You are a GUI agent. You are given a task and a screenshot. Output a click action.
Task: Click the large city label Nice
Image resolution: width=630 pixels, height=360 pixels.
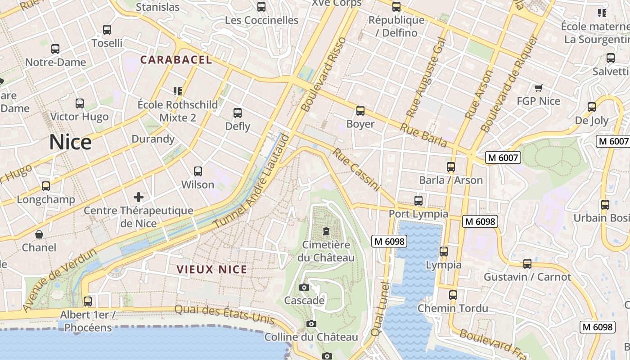[70, 142]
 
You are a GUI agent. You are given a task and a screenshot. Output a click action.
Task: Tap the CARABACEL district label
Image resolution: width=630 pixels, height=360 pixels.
[176, 60]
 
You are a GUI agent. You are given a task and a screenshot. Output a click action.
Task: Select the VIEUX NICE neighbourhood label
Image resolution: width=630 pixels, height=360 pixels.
[211, 270]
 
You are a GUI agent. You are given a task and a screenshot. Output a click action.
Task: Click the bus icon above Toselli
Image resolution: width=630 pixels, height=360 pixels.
[107, 30]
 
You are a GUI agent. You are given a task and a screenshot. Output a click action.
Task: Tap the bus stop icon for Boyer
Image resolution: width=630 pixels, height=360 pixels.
[360, 110]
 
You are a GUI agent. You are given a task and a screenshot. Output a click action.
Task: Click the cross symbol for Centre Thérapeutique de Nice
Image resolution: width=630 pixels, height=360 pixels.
[139, 197]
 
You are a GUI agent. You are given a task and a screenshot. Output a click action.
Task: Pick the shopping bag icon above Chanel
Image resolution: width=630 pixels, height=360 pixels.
[39, 234]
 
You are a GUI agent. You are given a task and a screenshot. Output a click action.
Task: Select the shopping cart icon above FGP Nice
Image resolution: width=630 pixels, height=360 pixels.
[538, 88]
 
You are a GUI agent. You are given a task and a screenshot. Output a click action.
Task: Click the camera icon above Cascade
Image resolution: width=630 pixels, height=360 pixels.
[304, 287]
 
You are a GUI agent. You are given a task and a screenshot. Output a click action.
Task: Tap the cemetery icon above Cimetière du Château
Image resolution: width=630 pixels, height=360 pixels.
[326, 231]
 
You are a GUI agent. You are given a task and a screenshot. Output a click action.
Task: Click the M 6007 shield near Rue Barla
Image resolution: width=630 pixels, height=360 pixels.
[503, 157]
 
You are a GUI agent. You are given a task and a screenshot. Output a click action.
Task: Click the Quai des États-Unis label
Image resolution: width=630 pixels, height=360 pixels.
[224, 314]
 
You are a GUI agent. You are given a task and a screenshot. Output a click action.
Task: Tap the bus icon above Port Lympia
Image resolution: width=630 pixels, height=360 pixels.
[418, 200]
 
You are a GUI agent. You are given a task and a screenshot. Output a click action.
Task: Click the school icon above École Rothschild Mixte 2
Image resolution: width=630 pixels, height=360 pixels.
[178, 91]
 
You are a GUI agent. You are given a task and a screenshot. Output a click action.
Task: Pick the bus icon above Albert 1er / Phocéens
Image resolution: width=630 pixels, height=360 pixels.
[88, 301]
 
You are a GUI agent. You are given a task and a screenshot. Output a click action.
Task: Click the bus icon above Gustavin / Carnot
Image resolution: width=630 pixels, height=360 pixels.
[527, 263]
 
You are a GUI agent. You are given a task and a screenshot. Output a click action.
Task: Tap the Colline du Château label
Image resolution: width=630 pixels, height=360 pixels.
[311, 337]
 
